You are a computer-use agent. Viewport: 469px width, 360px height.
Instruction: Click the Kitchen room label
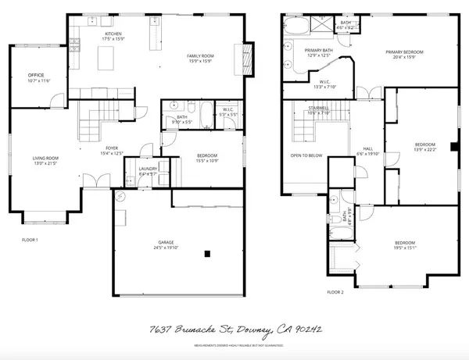pos(114,34)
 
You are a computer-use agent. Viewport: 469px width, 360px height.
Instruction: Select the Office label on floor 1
pos(36,75)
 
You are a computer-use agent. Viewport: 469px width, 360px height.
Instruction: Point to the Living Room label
pos(45,159)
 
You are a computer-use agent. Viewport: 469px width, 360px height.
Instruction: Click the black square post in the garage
pos(208,253)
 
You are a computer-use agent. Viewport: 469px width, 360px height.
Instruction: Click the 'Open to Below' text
pos(306,155)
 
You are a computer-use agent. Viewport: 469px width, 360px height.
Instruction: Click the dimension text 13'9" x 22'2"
pos(424,149)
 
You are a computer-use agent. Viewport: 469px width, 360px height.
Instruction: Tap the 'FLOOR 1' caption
pos(29,240)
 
